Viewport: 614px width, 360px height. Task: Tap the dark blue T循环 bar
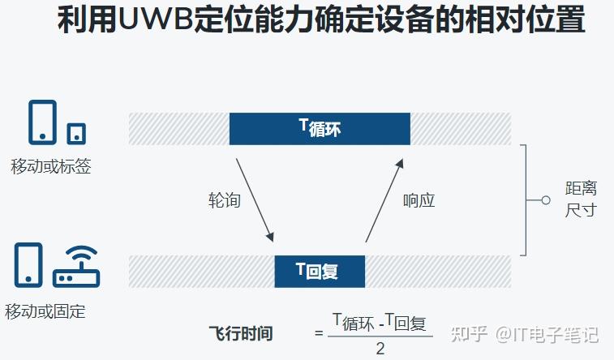320,128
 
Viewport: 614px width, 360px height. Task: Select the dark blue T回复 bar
319,272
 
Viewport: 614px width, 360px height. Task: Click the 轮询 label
225,199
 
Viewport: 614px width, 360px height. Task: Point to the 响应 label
419,199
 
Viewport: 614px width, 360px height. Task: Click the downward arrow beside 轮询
255,199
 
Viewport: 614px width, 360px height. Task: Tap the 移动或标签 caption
50,167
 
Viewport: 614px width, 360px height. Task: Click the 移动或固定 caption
45,311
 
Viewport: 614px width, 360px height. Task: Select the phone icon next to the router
28,265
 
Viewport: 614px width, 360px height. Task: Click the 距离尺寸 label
581,199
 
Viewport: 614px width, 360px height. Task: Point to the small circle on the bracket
545,199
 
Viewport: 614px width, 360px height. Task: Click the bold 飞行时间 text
240,332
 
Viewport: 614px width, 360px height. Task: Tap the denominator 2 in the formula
380,349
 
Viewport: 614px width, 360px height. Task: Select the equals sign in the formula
320,333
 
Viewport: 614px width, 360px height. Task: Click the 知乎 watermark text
468,333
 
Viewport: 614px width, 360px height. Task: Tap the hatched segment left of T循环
178,128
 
